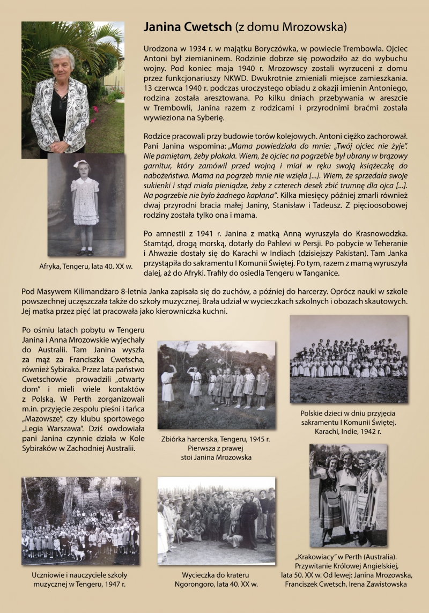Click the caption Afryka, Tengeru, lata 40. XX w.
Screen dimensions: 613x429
[86, 265]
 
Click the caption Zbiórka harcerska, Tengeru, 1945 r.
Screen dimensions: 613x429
[216, 439]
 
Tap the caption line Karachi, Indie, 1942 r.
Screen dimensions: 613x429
[348, 431]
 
